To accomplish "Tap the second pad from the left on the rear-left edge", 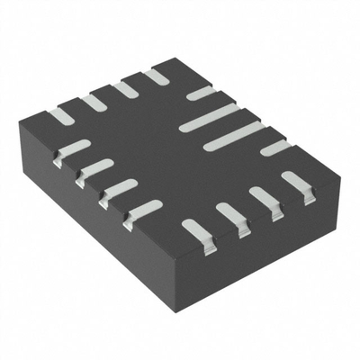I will pos(92,103).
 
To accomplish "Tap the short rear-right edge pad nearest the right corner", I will pos(275,148).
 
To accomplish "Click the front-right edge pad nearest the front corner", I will pos(195,232).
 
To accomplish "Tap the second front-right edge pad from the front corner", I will pos(230,215).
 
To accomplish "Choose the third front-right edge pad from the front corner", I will pos(264,198).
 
